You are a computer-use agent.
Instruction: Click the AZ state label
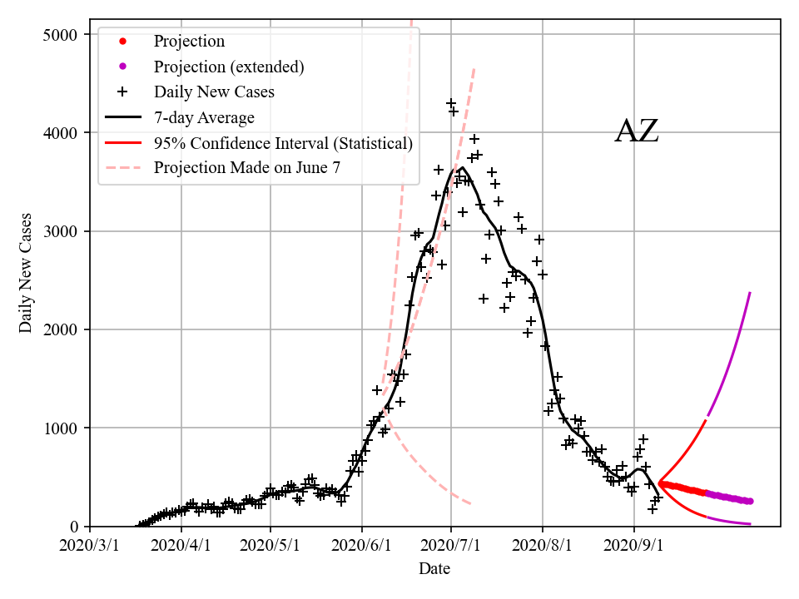click(637, 132)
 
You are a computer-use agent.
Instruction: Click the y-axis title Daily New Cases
click(26, 273)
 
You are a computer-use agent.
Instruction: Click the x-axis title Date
click(434, 569)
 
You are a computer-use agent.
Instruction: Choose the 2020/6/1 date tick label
click(361, 547)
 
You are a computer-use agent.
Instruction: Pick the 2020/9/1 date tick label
click(633, 547)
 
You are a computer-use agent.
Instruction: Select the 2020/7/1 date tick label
click(450, 547)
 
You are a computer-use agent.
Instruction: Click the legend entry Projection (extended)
click(229, 67)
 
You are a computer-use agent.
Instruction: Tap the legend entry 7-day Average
click(204, 117)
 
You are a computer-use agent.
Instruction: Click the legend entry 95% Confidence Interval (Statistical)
click(283, 143)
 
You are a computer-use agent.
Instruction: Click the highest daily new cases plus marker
click(450, 104)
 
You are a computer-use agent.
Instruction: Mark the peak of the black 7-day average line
click(462, 168)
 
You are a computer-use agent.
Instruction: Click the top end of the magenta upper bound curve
click(750, 293)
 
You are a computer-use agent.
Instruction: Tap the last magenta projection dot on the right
click(750, 501)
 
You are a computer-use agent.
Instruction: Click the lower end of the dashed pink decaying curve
click(471, 504)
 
